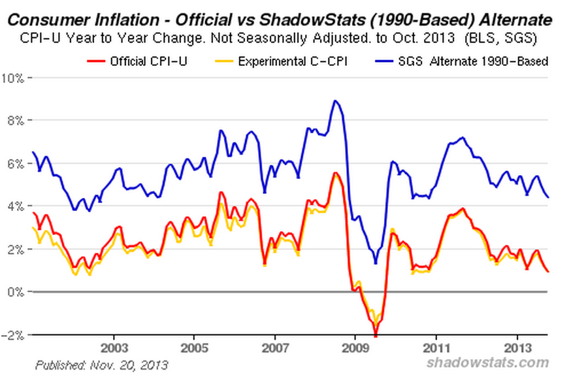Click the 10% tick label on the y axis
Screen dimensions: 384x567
(14, 78)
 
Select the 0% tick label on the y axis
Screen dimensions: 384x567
(16, 292)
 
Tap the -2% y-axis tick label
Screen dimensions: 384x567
(14, 335)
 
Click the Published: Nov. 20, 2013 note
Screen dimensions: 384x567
(101, 364)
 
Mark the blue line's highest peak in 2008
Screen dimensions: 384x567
(335, 101)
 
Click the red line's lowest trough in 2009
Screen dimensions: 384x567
(376, 335)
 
